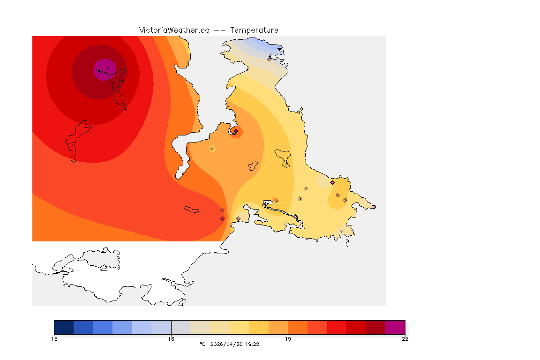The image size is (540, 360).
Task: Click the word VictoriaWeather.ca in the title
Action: pyautogui.click(x=174, y=30)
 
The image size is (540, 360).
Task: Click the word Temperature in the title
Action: pyautogui.click(x=254, y=30)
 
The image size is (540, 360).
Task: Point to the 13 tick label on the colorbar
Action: pyautogui.click(x=54, y=339)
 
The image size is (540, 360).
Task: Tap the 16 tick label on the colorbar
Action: pyautogui.click(x=171, y=339)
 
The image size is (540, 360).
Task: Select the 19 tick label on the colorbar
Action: pyautogui.click(x=288, y=339)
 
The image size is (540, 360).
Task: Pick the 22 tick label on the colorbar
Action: pyautogui.click(x=405, y=339)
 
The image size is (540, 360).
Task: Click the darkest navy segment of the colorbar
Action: pyautogui.click(x=64, y=327)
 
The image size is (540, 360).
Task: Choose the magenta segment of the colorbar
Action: pyautogui.click(x=395, y=327)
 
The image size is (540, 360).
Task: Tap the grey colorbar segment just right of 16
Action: pyautogui.click(x=180, y=327)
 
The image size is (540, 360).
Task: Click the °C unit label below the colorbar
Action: pyautogui.click(x=202, y=344)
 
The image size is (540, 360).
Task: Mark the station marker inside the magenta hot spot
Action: pyautogui.click(x=108, y=68)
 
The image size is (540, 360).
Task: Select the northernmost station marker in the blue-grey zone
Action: pyautogui.click(x=270, y=59)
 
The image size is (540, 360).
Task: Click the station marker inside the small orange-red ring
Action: pyautogui.click(x=236, y=131)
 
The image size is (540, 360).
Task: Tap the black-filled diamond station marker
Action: pyautogui.click(x=332, y=182)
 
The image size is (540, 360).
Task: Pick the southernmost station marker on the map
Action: pyautogui.click(x=341, y=231)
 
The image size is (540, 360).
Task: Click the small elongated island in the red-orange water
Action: pyautogui.click(x=192, y=210)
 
